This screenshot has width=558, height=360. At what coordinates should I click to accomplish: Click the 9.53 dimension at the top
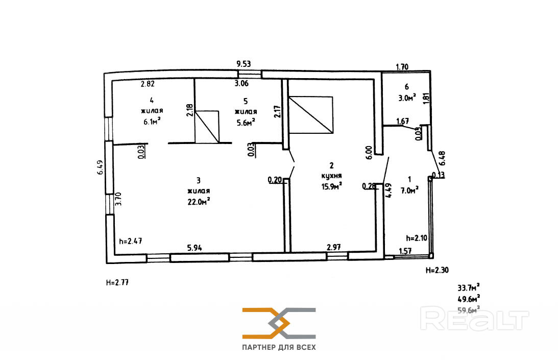click(x=244, y=64)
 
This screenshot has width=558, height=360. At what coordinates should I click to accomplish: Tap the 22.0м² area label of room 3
click(x=199, y=201)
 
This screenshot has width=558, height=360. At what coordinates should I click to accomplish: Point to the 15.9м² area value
click(x=331, y=185)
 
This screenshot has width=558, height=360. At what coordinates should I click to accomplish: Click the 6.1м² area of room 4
click(x=152, y=121)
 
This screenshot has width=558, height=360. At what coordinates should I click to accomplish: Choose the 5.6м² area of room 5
click(x=245, y=121)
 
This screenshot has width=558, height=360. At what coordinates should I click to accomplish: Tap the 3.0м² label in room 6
click(x=406, y=97)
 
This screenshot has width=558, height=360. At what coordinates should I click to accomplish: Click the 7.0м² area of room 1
click(x=409, y=189)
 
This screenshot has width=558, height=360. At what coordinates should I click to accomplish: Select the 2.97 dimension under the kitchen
click(x=334, y=248)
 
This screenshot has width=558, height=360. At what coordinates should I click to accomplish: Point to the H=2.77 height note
click(x=117, y=281)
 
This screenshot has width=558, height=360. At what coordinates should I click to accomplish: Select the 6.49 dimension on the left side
click(x=100, y=168)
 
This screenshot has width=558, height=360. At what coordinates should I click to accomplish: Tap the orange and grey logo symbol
click(x=279, y=323)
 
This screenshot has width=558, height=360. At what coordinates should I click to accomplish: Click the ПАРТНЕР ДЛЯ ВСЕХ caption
click(x=279, y=347)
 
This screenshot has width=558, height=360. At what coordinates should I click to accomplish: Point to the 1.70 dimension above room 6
click(x=403, y=66)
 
